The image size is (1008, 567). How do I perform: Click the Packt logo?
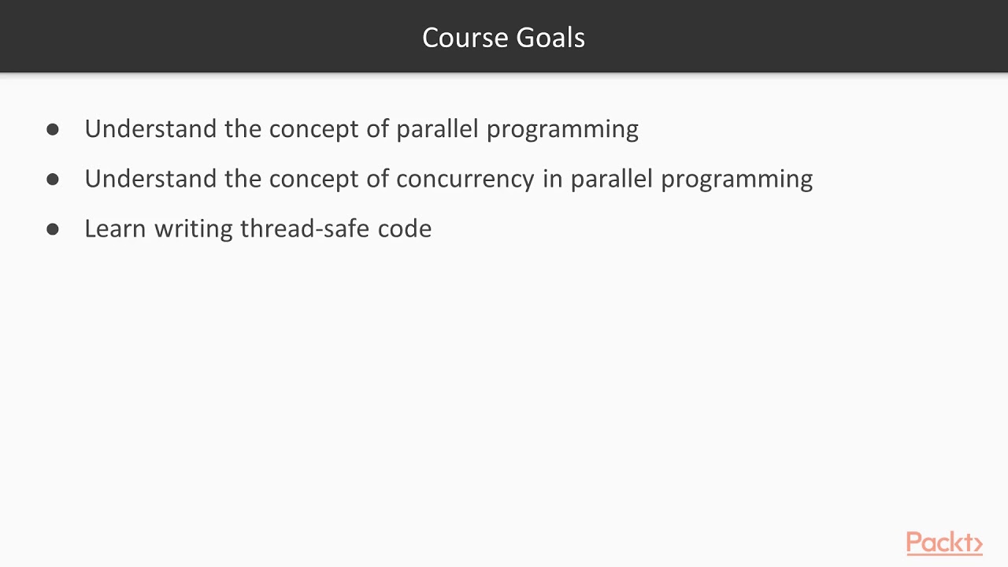tap(943, 543)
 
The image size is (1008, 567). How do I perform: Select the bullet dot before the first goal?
tap(53, 129)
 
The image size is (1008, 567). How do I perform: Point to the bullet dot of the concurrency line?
tap(53, 179)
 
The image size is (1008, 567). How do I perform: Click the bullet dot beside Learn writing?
tap(53, 229)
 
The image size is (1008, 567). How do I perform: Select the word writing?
tap(194, 228)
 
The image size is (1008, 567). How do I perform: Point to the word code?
tap(405, 228)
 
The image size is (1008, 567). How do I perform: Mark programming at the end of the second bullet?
tap(736, 180)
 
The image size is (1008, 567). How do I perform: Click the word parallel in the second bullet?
tap(611, 179)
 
